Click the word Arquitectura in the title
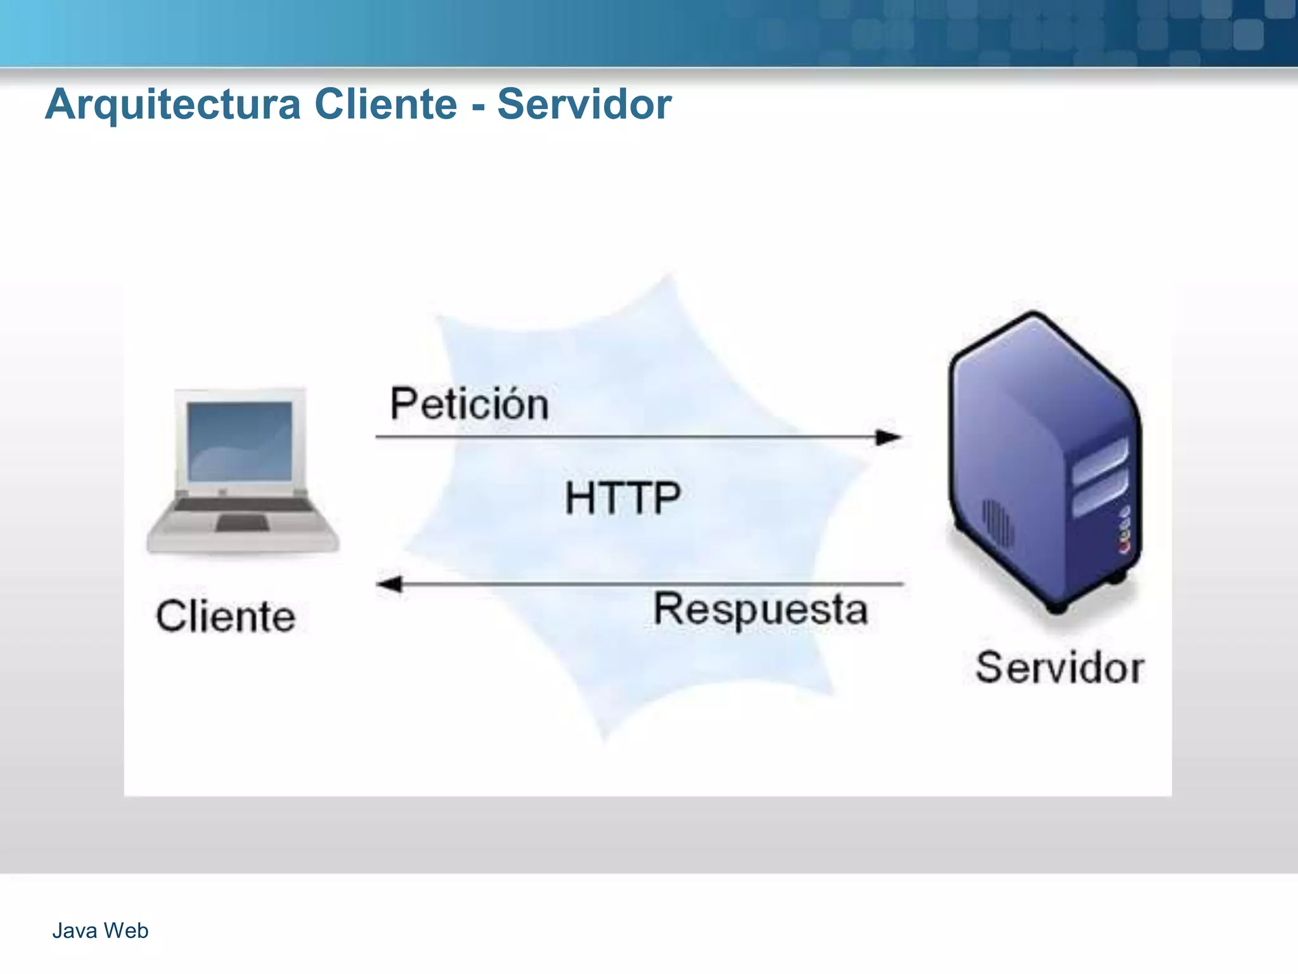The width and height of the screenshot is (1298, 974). tap(172, 105)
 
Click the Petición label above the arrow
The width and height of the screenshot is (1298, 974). tap(469, 404)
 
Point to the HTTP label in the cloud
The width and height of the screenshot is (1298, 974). tap(622, 498)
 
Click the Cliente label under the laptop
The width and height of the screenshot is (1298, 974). tap(226, 616)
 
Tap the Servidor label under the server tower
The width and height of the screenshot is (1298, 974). tap(1060, 668)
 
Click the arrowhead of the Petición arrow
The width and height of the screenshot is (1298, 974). tap(889, 437)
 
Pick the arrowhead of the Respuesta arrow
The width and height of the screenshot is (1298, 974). tap(389, 584)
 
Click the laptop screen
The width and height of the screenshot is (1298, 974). tap(240, 441)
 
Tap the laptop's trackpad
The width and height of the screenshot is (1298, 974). tap(242, 523)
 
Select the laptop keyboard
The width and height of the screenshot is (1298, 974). tap(241, 505)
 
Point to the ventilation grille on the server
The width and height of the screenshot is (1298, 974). tap(997, 523)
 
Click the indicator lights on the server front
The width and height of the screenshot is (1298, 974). tap(1125, 529)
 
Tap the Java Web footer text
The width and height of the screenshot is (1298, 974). tap(100, 930)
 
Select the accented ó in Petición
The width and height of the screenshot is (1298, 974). tap(514, 404)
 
